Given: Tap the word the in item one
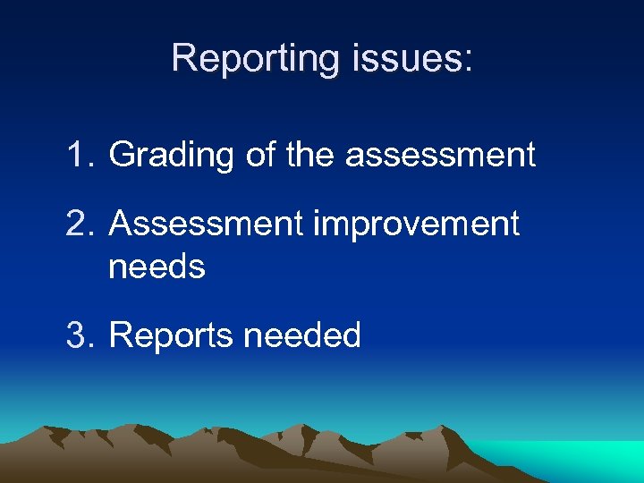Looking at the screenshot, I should pos(312,155).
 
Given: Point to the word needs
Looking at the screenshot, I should pos(157,266).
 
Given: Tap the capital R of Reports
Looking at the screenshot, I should pos(119,335).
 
